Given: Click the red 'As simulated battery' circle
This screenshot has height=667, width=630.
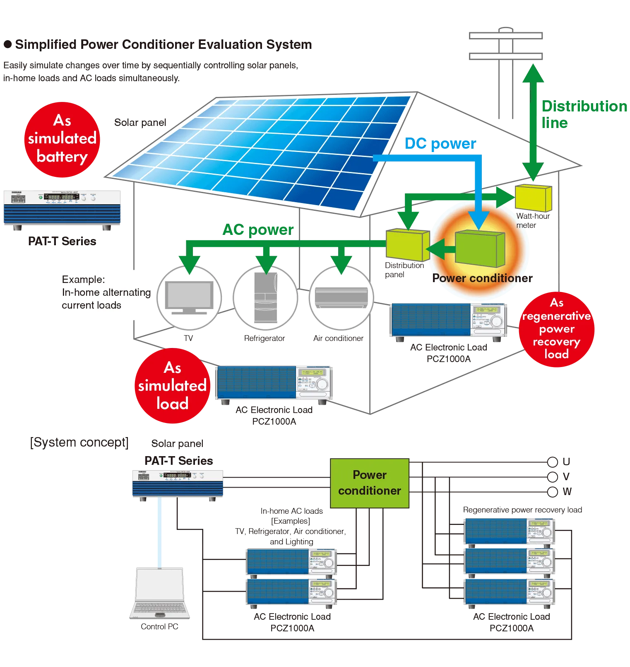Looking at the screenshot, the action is tap(62, 140).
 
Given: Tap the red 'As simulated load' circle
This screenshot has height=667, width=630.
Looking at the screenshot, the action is tap(173, 386).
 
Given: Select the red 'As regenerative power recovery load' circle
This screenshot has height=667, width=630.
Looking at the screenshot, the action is tap(557, 329).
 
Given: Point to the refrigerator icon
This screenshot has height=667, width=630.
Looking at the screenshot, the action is tap(265, 297).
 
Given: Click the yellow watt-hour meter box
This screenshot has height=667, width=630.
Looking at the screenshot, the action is tap(534, 198).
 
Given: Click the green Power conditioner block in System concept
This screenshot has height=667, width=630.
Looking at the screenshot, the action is tap(370, 483).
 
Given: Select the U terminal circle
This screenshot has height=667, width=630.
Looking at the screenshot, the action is tap(553, 462).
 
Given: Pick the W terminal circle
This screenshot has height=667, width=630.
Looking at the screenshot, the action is tap(553, 492).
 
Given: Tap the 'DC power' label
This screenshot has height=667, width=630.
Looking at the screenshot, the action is tap(440, 143).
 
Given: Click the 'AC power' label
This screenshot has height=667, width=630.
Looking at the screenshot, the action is tap(258, 230).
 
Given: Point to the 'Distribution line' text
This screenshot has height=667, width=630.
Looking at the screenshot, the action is tap(584, 114).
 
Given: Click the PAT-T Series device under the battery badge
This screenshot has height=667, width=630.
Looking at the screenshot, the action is tap(62, 210).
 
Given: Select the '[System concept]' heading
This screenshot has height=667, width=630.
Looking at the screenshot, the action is tap(79, 442).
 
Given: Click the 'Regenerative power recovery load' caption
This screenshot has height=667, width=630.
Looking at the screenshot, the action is tap(522, 510).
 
